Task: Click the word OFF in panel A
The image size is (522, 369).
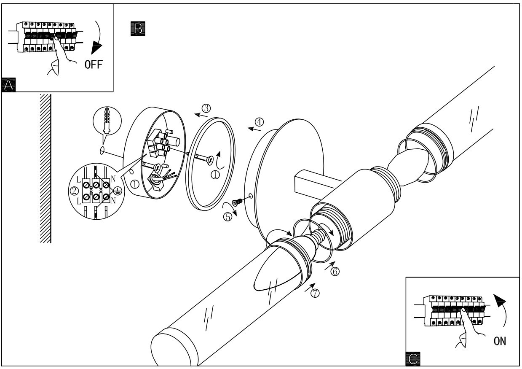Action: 94,65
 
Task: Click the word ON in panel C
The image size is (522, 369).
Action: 500,341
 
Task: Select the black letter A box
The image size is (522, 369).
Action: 8,85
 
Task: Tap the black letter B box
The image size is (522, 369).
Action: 138,28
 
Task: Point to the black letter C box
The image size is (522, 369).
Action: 413,359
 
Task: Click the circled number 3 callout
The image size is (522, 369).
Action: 206,108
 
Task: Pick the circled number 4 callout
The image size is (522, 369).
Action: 259,122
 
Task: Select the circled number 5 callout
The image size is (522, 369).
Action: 228,217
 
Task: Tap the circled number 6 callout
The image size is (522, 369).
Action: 335,271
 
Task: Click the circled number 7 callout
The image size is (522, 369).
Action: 315,293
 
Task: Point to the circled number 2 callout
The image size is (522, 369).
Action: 74,191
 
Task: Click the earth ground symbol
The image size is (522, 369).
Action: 118,191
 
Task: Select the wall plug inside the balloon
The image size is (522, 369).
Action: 107,121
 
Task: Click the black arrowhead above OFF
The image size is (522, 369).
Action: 96,47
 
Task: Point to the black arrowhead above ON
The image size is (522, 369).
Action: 500,301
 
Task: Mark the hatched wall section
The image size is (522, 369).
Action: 46,168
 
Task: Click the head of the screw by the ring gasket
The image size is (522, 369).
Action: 210,160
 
